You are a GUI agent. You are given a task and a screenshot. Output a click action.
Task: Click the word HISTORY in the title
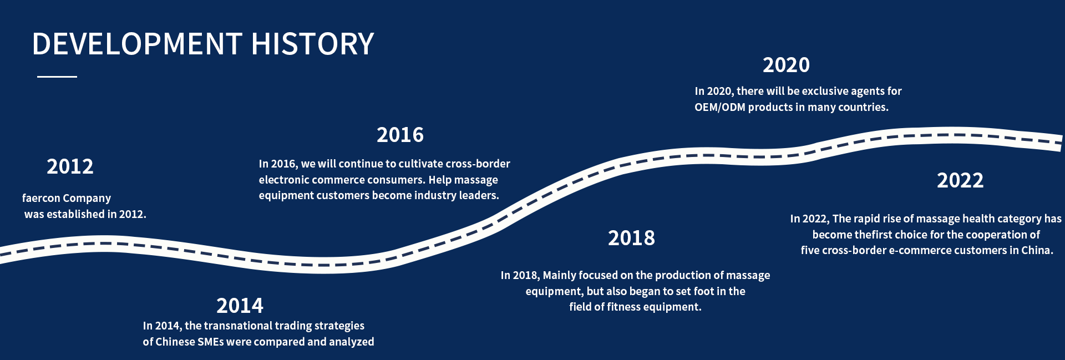coord(313,44)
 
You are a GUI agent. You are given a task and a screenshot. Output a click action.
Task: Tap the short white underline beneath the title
coord(57,77)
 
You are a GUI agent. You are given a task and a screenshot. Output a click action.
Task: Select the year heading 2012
coord(70,166)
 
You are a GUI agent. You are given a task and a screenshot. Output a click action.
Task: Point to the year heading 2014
coord(240,306)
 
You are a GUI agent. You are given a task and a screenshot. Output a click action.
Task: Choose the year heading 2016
coord(400,135)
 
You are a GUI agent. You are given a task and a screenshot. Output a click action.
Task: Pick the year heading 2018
coord(632,238)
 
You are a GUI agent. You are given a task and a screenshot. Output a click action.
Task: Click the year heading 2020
coord(787,65)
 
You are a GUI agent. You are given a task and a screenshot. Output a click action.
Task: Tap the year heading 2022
coord(961,180)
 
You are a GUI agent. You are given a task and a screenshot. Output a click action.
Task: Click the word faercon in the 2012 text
coord(41,199)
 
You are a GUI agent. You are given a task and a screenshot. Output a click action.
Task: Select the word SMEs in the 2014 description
coord(210,342)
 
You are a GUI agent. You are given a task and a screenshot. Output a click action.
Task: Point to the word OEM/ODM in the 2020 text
coord(720,107)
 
